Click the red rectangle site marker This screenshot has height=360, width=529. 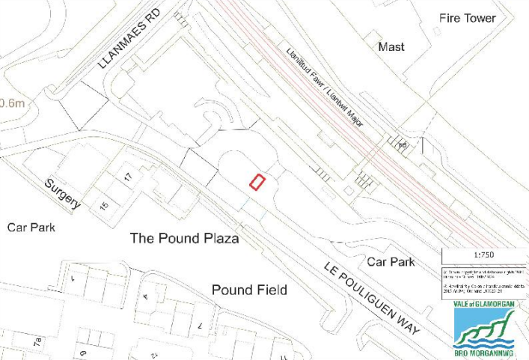[x=257, y=182]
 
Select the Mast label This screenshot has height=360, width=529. [x=391, y=46]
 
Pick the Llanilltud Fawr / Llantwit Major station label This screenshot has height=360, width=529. [x=326, y=87]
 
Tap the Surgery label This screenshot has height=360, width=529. [x=61, y=194]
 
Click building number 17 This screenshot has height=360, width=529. [x=128, y=177]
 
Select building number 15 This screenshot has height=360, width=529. [x=104, y=204]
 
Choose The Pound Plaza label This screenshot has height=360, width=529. [x=184, y=239]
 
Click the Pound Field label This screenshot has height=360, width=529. [x=249, y=290]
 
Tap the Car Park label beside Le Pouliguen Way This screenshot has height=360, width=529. [x=391, y=262]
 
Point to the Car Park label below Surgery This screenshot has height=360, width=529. [x=31, y=227]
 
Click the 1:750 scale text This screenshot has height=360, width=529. [x=484, y=254]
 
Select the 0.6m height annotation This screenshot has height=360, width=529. [x=12, y=103]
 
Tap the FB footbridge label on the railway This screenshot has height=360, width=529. [x=402, y=145]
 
